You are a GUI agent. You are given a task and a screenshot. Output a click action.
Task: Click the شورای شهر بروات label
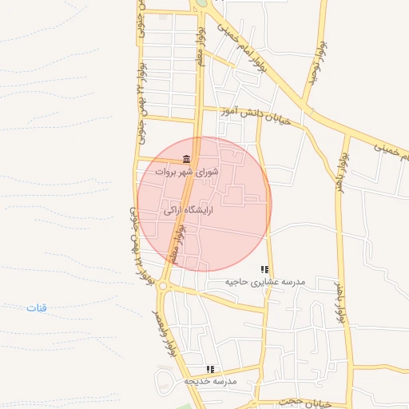[x=185, y=172]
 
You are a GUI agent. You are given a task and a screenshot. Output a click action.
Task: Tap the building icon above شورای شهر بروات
[x=186, y=158]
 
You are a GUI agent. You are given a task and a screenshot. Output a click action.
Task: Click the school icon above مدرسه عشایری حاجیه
[x=264, y=269]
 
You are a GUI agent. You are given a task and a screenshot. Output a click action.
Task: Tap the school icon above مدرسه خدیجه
[x=210, y=369]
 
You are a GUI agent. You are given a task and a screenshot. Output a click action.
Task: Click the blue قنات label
[x=36, y=308]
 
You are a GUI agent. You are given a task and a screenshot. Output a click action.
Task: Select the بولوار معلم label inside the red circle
[x=185, y=243]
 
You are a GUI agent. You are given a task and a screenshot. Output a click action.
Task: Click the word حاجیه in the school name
[x=240, y=282]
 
